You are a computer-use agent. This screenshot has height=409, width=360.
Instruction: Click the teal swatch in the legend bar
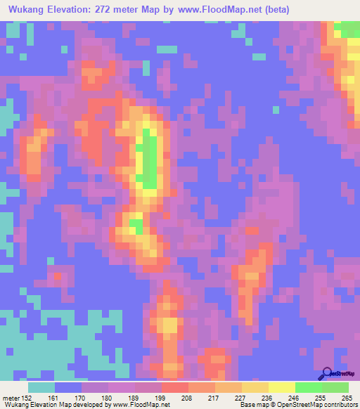click(41, 388)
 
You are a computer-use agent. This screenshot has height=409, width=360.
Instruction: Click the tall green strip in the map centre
click(149, 158)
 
